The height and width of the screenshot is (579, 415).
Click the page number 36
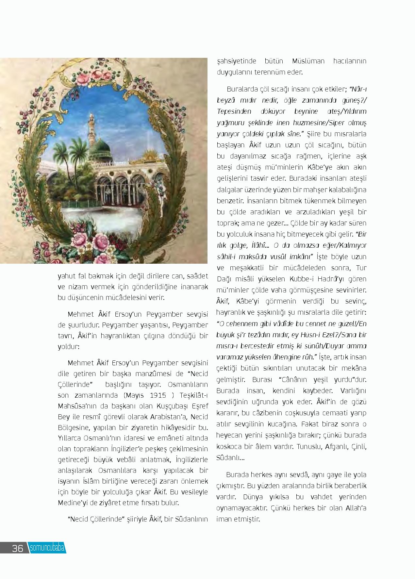point(17,548)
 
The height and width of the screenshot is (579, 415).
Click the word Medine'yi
point(73,503)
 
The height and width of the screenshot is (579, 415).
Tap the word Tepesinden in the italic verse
point(234,111)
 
